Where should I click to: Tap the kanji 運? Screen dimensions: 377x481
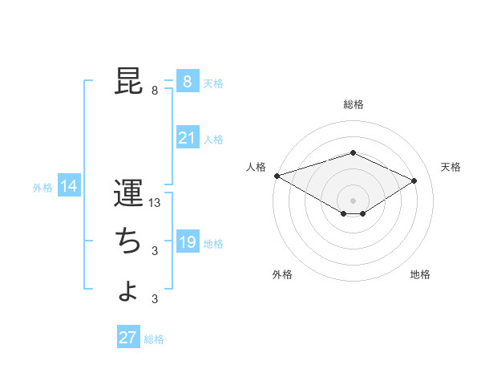(x=128, y=194)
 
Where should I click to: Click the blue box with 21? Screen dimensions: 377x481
(x=187, y=139)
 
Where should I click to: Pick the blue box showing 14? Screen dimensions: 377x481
(x=69, y=187)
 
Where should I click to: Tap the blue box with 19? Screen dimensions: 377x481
(x=187, y=243)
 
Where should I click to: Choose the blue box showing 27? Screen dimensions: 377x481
(x=128, y=338)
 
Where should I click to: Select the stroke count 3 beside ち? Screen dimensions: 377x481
(x=155, y=251)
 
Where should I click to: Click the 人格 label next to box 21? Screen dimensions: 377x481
(x=213, y=140)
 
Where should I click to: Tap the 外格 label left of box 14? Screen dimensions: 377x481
(x=42, y=188)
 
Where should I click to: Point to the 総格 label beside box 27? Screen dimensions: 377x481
(x=154, y=339)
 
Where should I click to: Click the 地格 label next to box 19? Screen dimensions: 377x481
(x=213, y=244)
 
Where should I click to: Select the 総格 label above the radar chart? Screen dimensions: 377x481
(x=353, y=104)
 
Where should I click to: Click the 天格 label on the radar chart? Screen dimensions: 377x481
(x=451, y=167)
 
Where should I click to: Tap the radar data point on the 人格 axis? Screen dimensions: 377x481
(x=277, y=176)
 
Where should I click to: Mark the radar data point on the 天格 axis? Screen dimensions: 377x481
(x=414, y=180)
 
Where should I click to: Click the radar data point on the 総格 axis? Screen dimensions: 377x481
(x=353, y=152)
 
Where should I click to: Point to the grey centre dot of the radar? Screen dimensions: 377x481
(x=353, y=200)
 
